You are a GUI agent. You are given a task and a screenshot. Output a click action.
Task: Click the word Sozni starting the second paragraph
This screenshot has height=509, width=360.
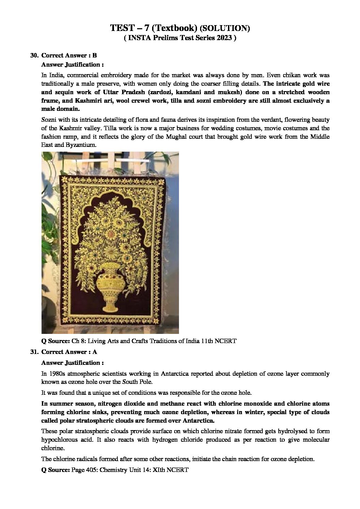point(49,120)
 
